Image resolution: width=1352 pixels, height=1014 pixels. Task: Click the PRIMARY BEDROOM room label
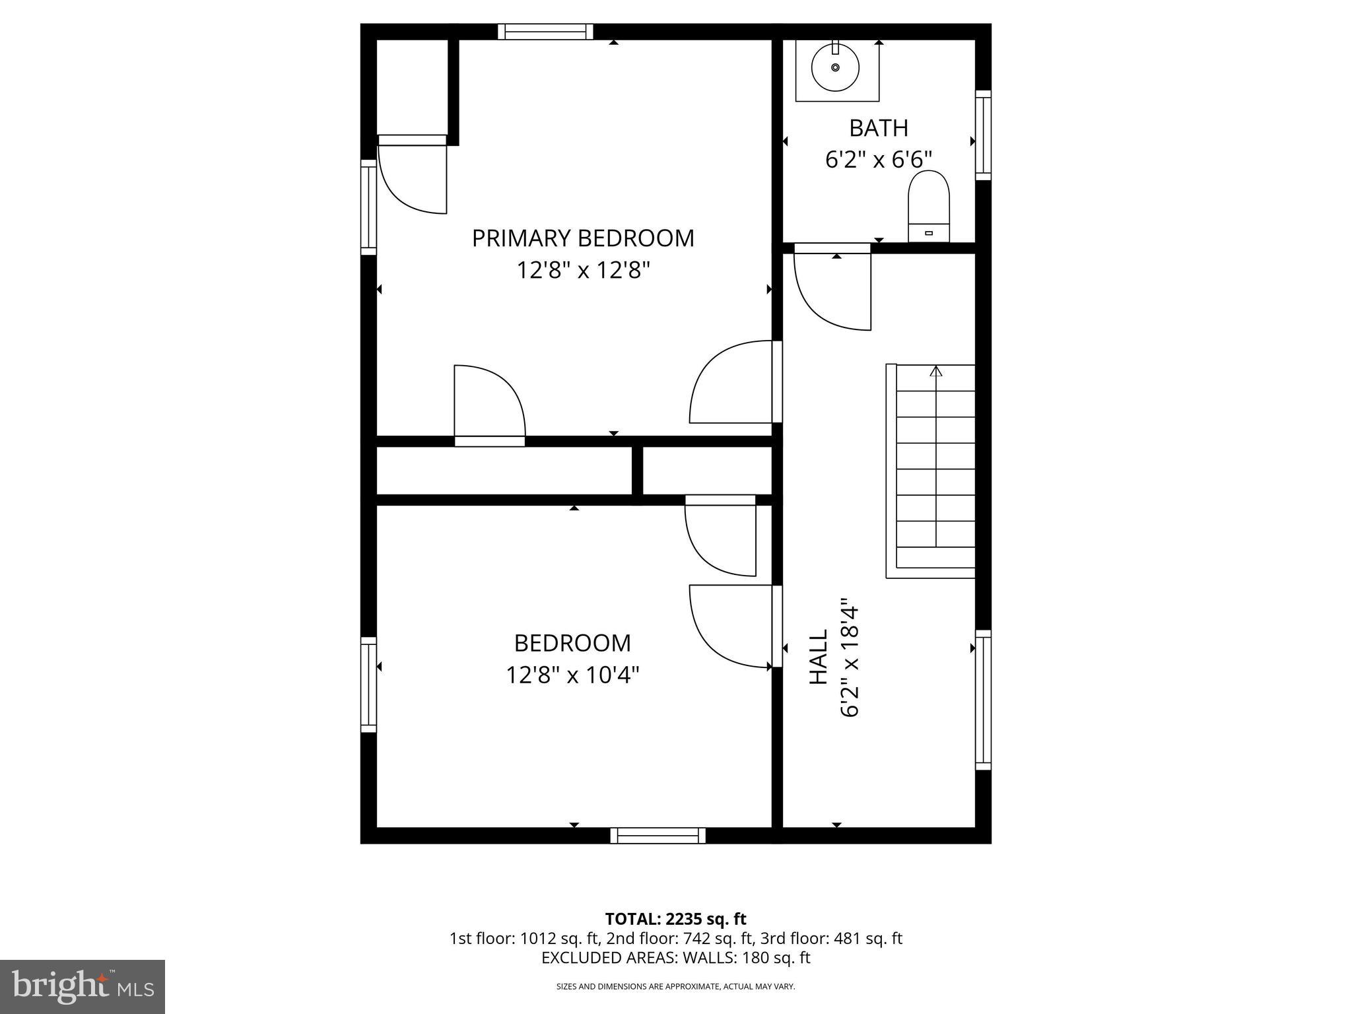coord(583,238)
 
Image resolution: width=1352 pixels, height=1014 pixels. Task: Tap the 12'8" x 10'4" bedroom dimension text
coord(572,675)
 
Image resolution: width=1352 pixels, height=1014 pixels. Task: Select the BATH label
coord(878,128)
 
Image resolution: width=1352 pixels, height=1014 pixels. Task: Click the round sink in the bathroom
coord(835,67)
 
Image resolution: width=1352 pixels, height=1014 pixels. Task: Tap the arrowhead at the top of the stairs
coord(935,372)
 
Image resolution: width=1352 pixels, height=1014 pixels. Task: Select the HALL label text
coord(819,656)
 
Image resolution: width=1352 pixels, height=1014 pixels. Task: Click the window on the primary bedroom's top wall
coord(545,32)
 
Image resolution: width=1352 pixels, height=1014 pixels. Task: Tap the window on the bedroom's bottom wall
coord(658,836)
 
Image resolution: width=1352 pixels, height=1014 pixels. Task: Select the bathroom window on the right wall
coord(983,135)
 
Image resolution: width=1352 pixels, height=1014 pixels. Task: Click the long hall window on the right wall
coord(983,700)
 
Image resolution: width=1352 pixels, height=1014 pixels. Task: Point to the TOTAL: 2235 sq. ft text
coord(675,919)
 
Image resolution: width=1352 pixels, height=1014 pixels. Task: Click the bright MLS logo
coord(83,986)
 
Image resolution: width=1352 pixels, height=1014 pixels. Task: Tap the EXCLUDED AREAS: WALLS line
coord(675,958)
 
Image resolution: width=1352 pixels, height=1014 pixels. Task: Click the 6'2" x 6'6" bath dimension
coord(878,160)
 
